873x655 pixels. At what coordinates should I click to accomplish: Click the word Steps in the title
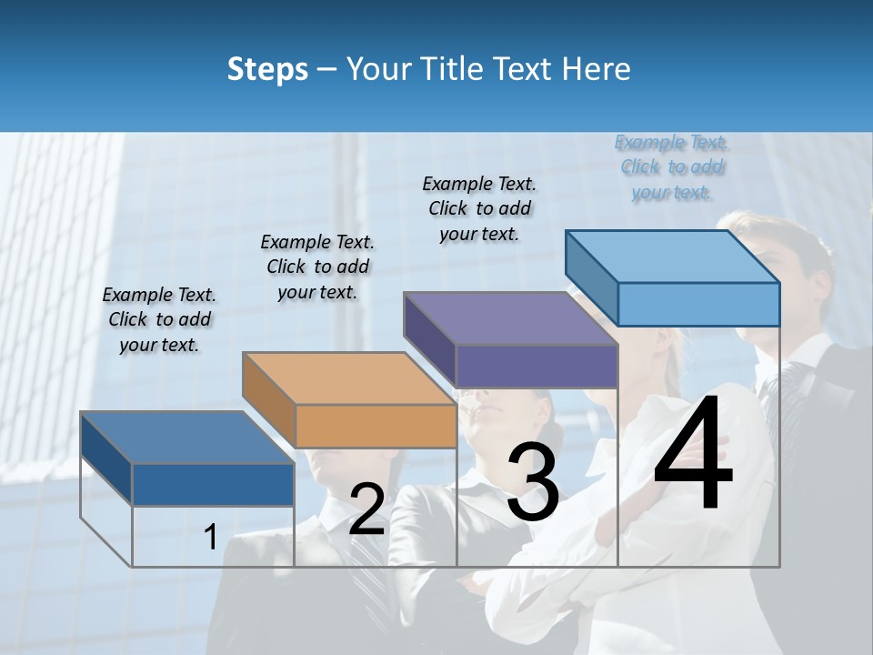[x=267, y=69]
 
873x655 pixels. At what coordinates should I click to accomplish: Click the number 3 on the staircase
[x=533, y=482]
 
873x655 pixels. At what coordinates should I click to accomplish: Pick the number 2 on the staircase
[x=366, y=509]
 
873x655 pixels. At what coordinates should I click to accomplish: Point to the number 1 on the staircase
[x=210, y=537]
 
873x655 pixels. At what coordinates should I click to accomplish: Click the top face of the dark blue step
[x=187, y=438]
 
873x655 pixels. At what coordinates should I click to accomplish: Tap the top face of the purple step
[x=510, y=318]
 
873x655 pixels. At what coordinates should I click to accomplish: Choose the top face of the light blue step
[x=672, y=257]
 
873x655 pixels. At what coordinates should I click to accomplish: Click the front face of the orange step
[x=376, y=426]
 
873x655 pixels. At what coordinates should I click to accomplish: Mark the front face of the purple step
[x=537, y=366]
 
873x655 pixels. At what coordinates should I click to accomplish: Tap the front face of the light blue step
[x=698, y=304]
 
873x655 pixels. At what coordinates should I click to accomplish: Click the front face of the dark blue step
[x=214, y=484]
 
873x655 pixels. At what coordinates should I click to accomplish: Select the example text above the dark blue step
[x=159, y=319]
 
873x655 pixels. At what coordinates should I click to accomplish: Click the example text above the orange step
[x=317, y=267]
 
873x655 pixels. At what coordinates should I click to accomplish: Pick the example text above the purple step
[x=479, y=208]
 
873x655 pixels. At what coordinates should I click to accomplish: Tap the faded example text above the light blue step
[x=671, y=166]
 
